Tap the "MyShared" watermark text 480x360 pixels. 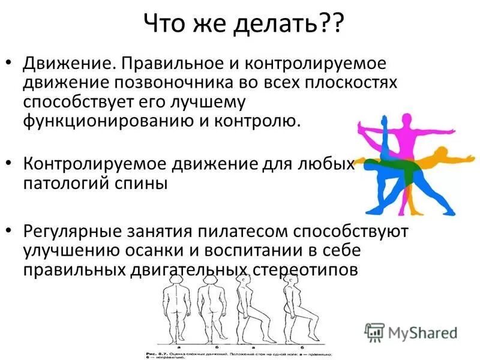tap(422, 332)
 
